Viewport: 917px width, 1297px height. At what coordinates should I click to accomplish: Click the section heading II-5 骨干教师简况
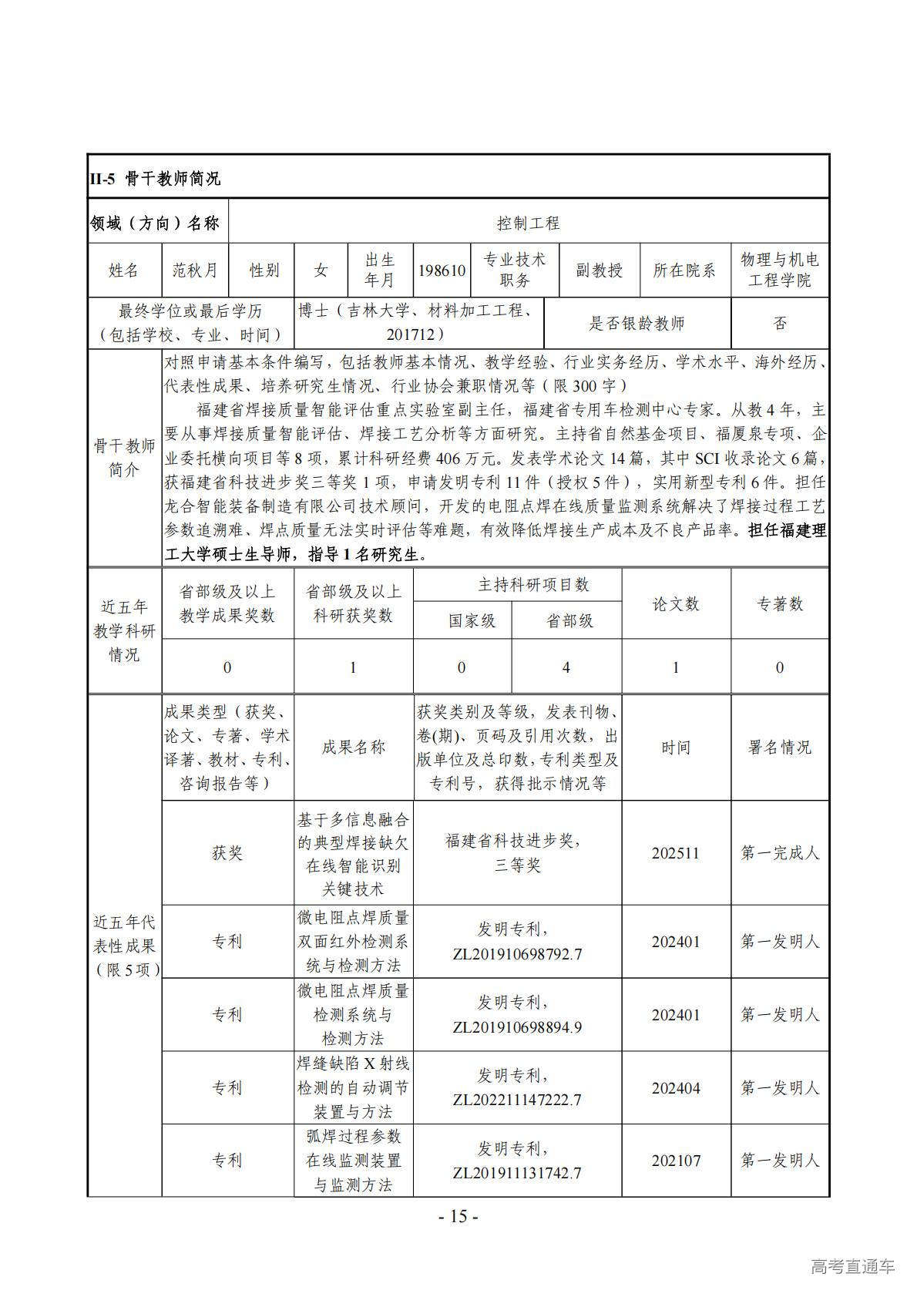[155, 178]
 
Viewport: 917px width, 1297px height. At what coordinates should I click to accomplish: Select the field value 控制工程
[528, 223]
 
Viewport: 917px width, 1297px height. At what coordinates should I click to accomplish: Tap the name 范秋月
[195, 270]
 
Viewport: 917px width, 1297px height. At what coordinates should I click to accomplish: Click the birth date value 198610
[442, 270]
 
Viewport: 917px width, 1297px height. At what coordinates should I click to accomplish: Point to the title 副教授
[599, 270]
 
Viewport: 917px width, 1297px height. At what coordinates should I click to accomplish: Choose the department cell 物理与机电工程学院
[779, 270]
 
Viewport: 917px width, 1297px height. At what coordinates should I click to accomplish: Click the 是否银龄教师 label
[637, 324]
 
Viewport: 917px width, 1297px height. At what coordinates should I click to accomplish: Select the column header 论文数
[676, 604]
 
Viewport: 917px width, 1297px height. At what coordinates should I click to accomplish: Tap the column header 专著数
[780, 604]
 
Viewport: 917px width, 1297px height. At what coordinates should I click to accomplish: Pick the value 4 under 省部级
[566, 667]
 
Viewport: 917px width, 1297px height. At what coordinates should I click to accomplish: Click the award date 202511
[676, 853]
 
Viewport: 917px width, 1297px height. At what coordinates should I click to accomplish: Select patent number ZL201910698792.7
[517, 954]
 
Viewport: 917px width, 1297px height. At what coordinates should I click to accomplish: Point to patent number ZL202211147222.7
[517, 1100]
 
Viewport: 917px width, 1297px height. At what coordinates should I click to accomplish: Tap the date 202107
[676, 1161]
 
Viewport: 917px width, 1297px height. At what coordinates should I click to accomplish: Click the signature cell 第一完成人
[780, 853]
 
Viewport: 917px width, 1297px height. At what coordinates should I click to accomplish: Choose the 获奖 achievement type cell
[227, 853]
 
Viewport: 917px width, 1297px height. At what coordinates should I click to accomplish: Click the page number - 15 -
[458, 1217]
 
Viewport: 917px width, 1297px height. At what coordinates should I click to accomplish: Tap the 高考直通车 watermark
[852, 1266]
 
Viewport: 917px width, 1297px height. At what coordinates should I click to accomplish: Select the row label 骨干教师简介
[124, 458]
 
